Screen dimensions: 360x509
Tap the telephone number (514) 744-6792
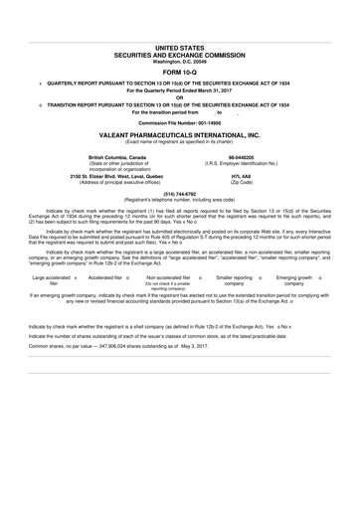[180, 195]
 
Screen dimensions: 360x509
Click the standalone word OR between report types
[180, 95]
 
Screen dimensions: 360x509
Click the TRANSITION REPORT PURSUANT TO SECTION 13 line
[185, 103]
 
